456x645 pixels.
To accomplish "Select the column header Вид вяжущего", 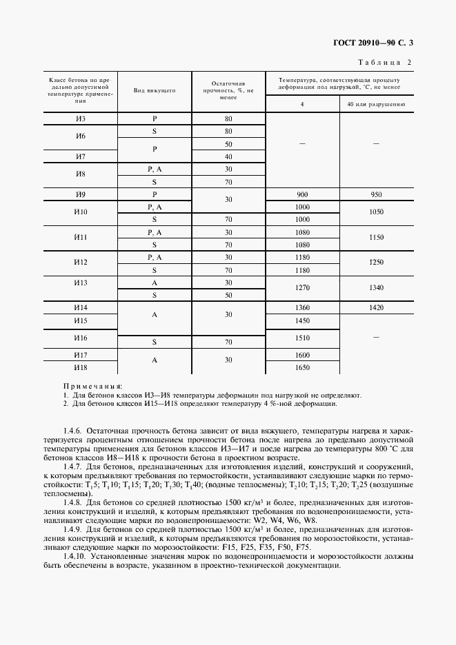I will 155,90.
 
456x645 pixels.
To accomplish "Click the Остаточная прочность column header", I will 228,90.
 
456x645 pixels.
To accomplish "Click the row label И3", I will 81,119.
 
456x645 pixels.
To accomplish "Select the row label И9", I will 81,194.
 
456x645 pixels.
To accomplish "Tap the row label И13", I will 81,283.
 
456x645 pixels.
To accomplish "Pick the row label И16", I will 81,338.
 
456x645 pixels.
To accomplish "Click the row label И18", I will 81,367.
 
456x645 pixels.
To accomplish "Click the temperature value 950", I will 376,194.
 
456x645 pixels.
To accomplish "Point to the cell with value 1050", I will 376,213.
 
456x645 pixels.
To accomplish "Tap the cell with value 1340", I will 376,288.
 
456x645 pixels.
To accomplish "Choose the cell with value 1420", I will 376,307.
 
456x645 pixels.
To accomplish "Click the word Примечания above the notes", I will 92,387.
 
